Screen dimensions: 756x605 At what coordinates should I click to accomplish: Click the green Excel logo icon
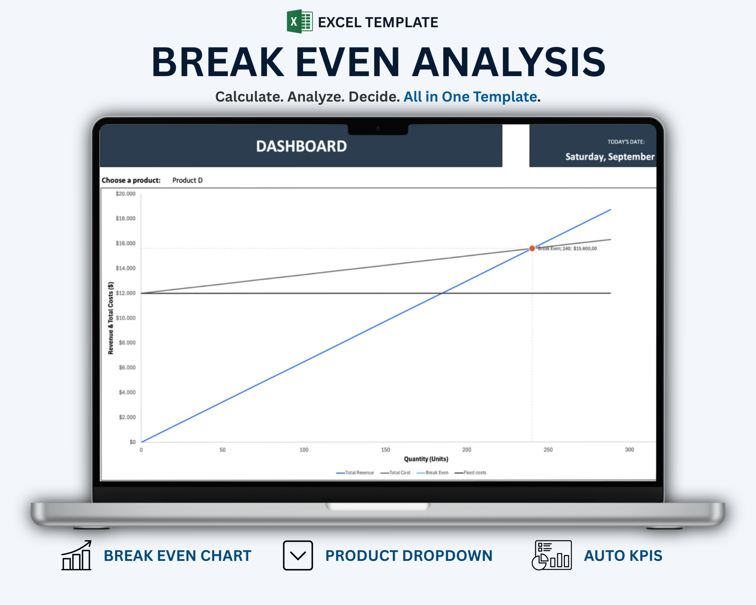tap(299, 21)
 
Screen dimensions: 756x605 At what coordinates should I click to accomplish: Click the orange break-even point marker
tap(532, 248)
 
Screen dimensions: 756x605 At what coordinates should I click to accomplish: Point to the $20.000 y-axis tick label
tap(126, 193)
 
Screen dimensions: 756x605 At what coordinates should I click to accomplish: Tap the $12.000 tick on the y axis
tap(126, 293)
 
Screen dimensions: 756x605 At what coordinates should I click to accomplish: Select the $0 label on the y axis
tap(133, 442)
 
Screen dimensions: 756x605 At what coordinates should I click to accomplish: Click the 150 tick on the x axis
tap(385, 450)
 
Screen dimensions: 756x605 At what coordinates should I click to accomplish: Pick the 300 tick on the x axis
tap(629, 450)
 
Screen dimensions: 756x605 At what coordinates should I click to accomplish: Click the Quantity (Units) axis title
tap(426, 459)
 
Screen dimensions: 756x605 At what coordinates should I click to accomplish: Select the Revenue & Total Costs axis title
tap(111, 318)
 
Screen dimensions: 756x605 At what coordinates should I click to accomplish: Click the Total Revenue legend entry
tap(355, 473)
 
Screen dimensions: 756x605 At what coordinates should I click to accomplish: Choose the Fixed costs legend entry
tap(470, 473)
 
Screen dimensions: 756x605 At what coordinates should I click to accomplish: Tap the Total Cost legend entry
tap(395, 473)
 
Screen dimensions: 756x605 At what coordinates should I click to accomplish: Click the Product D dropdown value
tap(187, 180)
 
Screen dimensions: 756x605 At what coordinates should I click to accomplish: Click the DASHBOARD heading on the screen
tap(301, 146)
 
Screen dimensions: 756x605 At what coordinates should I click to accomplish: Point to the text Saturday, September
tap(610, 157)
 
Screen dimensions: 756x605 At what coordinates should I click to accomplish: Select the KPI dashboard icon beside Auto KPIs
tap(552, 555)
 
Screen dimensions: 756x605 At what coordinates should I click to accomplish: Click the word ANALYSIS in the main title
tap(509, 62)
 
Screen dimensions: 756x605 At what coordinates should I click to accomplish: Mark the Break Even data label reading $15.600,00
tap(567, 248)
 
